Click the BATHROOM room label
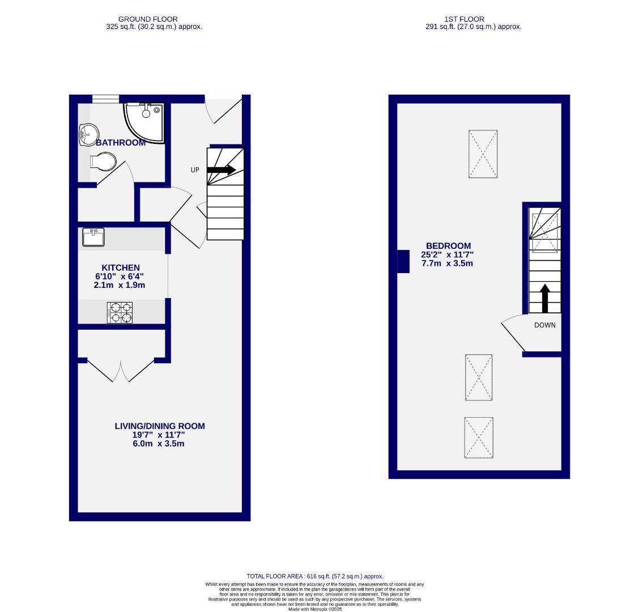[121, 143]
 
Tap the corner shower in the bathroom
[144, 121]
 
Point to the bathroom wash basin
[86, 135]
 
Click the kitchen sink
[93, 237]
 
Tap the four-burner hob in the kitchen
[120, 313]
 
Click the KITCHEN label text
[120, 267]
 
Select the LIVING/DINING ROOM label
[160, 426]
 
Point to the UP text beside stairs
[195, 170]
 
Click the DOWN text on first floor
[544, 325]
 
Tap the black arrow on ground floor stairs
[221, 169]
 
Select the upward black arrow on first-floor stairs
[545, 298]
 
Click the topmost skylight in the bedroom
[483, 154]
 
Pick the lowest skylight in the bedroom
[479, 438]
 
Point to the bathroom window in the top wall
[106, 99]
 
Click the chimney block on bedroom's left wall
[403, 261]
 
